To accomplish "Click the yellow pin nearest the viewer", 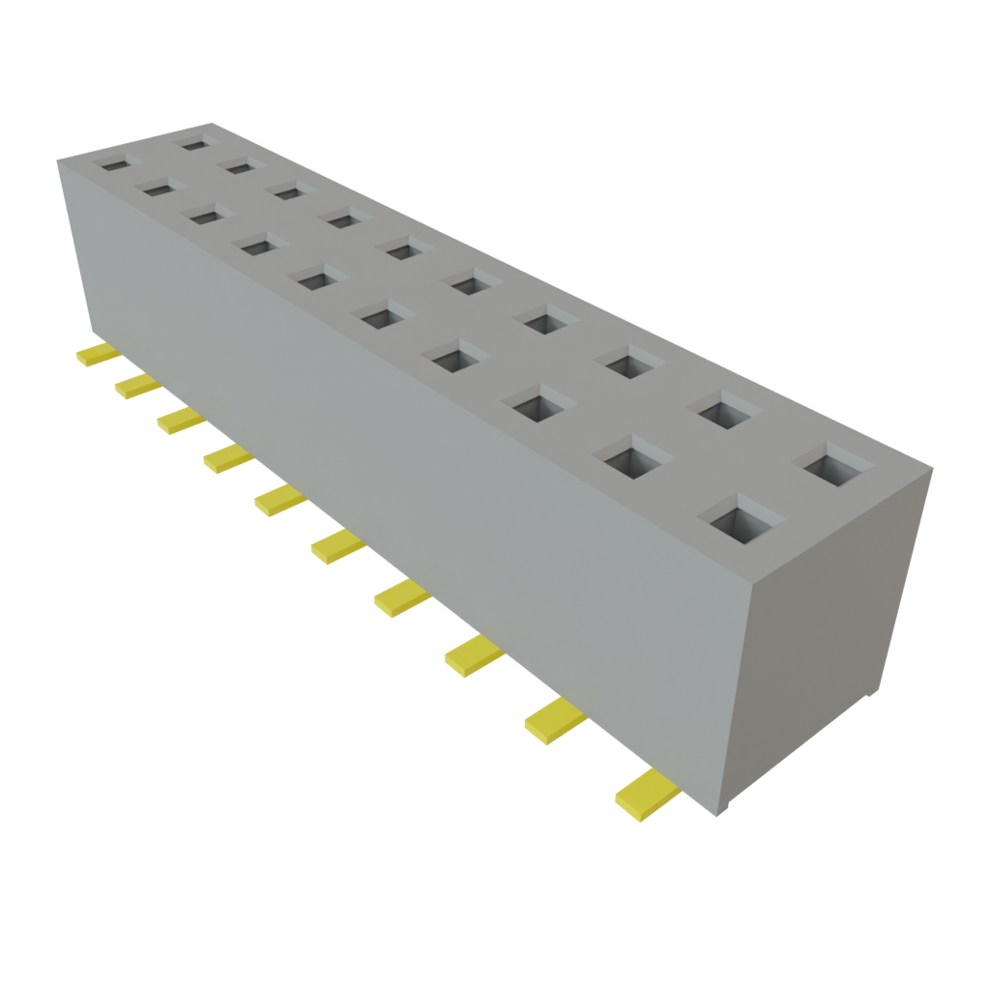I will tap(645, 794).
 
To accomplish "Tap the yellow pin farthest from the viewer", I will tap(97, 355).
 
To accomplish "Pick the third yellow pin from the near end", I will tap(473, 658).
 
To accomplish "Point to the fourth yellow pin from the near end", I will tap(400, 600).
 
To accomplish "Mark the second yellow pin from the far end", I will tap(135, 387).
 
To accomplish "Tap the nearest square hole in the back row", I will tap(836, 467).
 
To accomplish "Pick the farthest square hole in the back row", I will tap(196, 144).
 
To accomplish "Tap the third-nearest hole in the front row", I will tap(539, 405).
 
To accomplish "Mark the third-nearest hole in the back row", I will tap(629, 363).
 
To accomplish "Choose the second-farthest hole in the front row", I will tap(160, 189).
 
